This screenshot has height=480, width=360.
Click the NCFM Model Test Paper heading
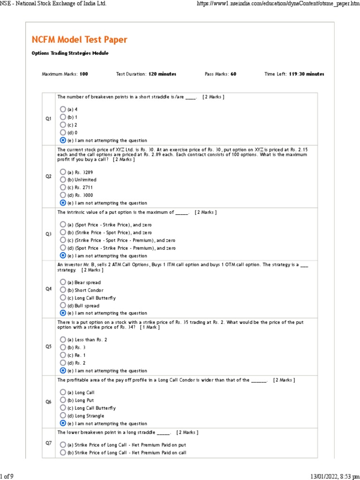pos(79,39)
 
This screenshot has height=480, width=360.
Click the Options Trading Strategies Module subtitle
pos(70,53)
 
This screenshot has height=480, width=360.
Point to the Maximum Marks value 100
pos(83,74)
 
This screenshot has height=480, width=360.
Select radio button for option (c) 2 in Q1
pos(63,125)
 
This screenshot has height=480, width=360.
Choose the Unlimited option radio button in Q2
pos(63,180)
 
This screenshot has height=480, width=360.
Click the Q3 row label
pos(48,233)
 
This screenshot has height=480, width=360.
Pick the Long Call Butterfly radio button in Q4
pos(63,298)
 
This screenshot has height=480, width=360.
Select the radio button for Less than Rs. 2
pos(63,339)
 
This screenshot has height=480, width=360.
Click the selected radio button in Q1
pos(63,140)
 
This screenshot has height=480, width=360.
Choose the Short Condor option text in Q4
pos(87,290)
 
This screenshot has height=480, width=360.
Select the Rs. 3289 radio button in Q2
pos(63,172)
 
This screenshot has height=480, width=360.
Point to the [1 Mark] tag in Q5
pos(150,327)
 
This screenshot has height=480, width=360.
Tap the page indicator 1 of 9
pos(7,476)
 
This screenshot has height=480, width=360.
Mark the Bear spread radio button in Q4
pos(63,282)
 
